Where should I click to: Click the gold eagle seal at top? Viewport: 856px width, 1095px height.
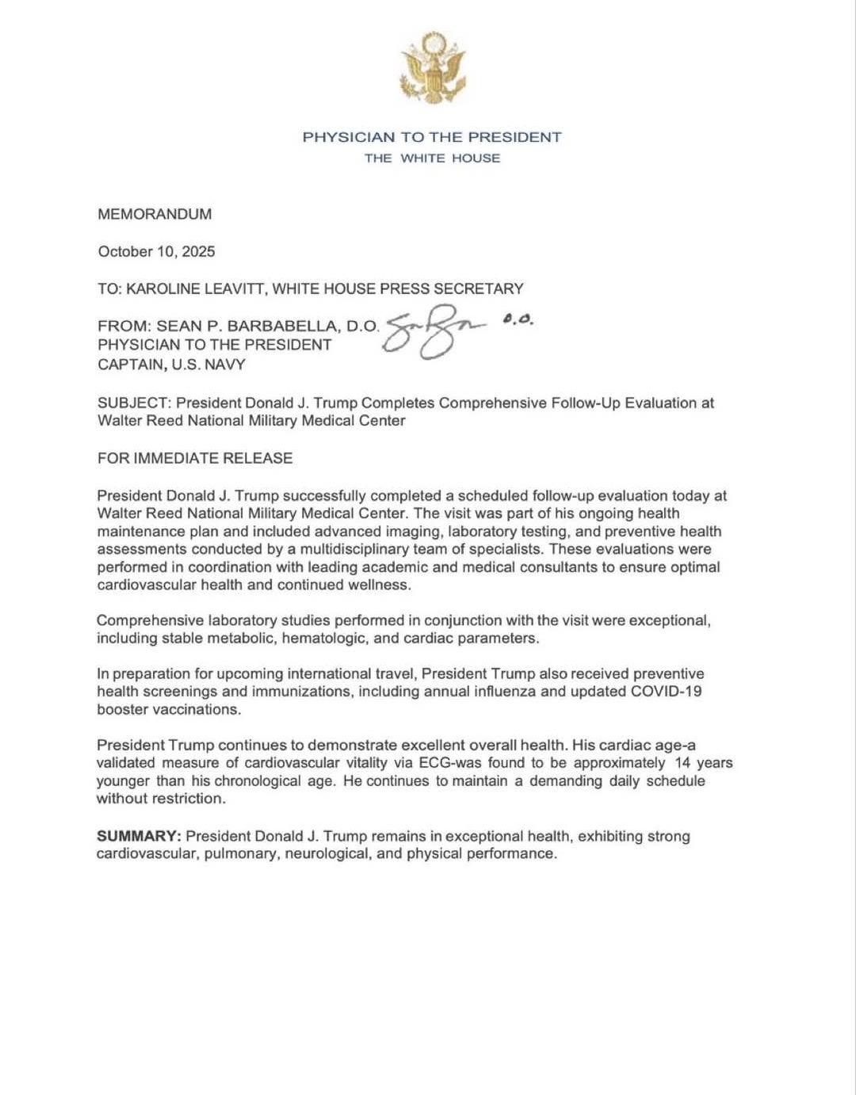click(x=432, y=67)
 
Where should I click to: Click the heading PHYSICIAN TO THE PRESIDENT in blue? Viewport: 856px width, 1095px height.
click(x=432, y=137)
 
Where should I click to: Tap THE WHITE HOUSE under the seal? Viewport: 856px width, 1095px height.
click(x=432, y=158)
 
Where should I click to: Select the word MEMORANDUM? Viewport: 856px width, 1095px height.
click(x=155, y=214)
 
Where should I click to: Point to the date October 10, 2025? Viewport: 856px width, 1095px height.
click(x=156, y=251)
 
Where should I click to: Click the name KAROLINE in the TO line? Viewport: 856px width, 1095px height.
click(x=164, y=288)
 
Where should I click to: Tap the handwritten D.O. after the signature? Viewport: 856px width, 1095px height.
click(x=518, y=320)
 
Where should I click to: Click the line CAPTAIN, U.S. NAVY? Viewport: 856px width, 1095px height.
click(x=171, y=364)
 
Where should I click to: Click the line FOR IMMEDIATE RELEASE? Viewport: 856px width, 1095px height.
click(x=195, y=458)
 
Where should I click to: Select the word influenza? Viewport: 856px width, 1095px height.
click(x=503, y=691)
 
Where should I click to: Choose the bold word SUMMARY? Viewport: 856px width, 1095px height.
click(x=138, y=836)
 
